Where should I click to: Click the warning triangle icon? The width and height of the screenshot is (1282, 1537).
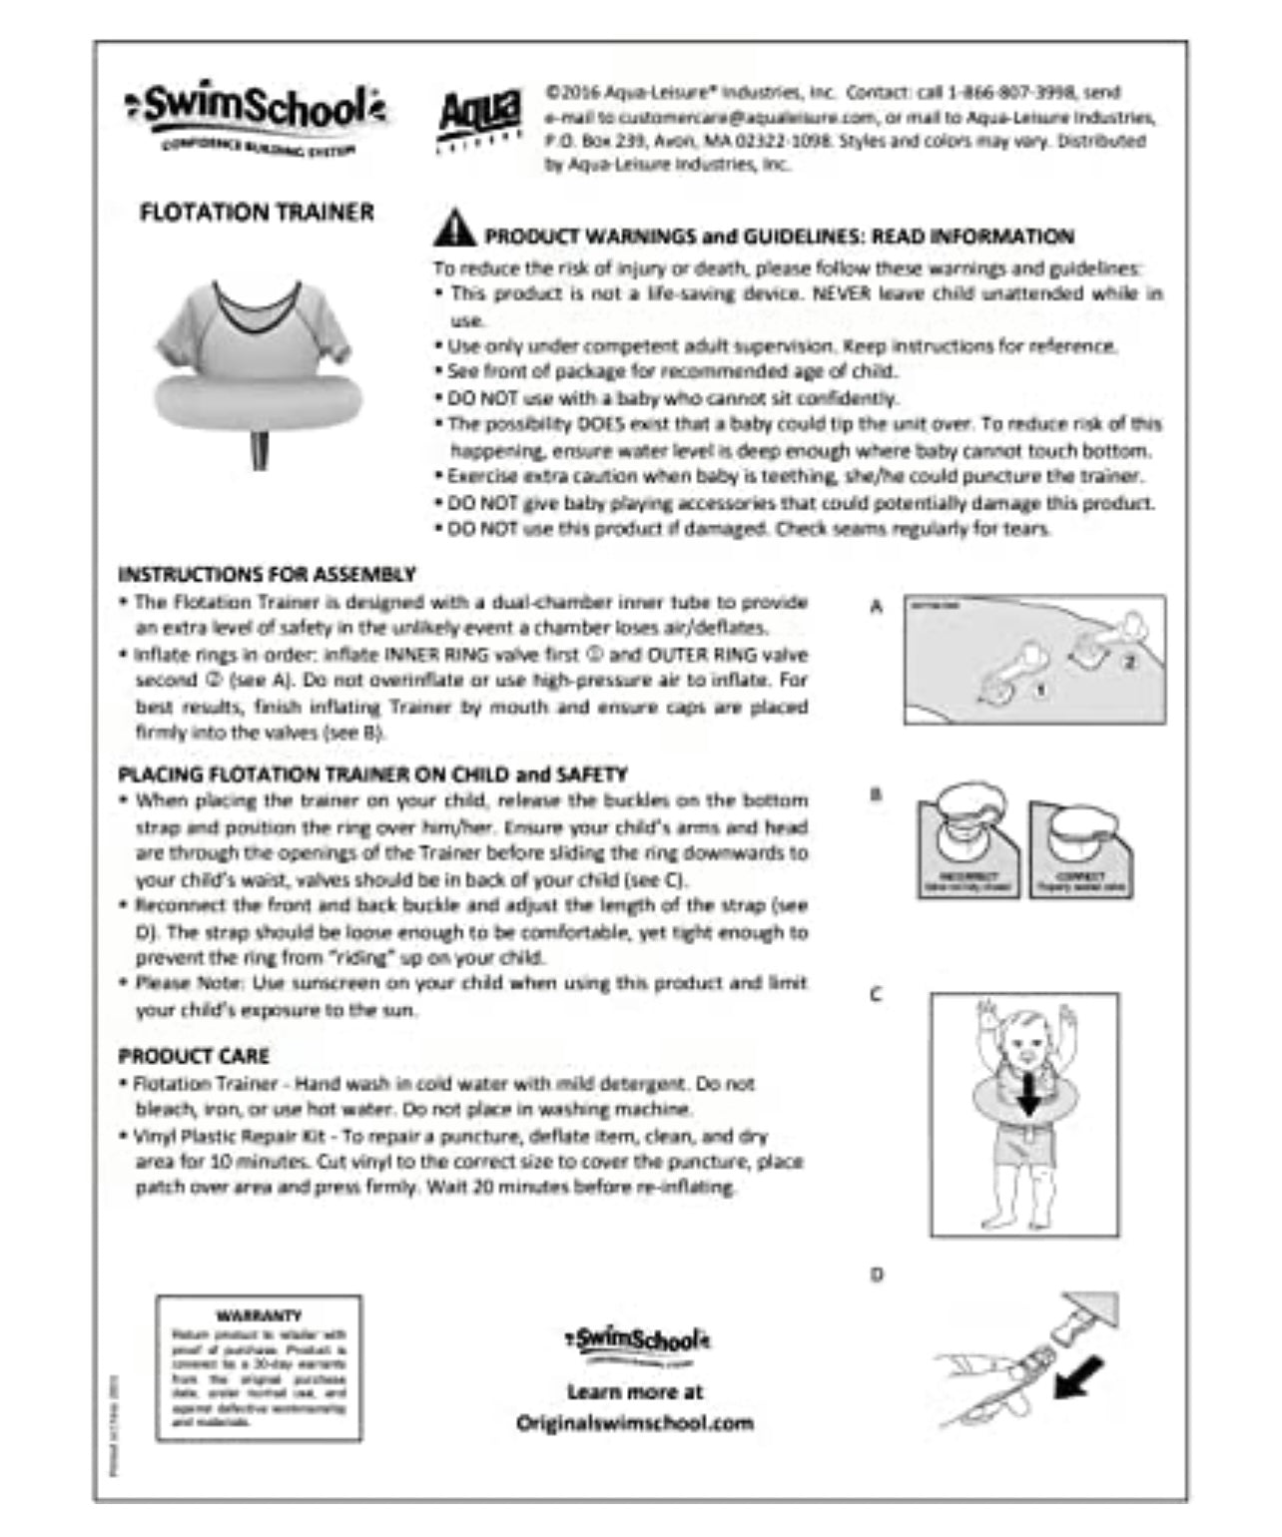454,229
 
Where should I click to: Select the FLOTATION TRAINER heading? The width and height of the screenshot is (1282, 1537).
257,213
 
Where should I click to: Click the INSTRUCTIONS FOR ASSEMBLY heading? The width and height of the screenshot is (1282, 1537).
267,574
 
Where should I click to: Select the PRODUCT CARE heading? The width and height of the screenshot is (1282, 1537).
194,1056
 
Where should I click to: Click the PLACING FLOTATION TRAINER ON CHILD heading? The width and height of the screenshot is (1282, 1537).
372,773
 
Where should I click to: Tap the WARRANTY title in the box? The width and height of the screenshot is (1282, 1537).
258,1315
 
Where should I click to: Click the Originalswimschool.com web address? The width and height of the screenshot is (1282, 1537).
635,1422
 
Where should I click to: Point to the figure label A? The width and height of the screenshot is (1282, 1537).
877,607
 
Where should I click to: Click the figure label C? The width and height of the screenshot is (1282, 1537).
876,995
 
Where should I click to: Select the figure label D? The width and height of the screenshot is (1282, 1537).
876,1275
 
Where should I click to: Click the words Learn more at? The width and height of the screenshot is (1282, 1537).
635,1391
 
